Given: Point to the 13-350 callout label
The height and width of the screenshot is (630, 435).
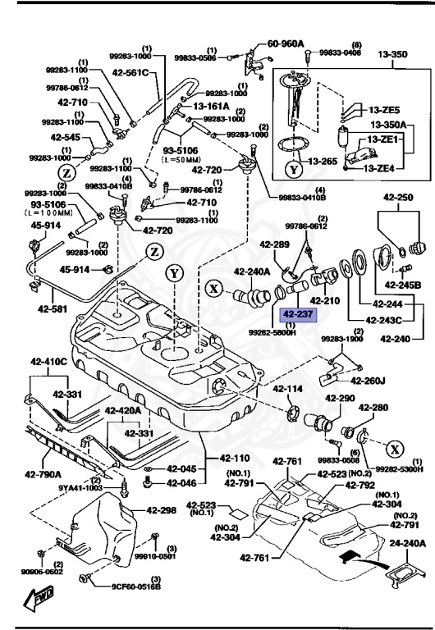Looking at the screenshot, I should (391, 55).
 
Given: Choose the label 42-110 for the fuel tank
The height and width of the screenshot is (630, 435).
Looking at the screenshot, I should (236, 458).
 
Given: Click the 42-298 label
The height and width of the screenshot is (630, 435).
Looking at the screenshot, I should (162, 510).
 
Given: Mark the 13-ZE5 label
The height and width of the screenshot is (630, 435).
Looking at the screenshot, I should (383, 110).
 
